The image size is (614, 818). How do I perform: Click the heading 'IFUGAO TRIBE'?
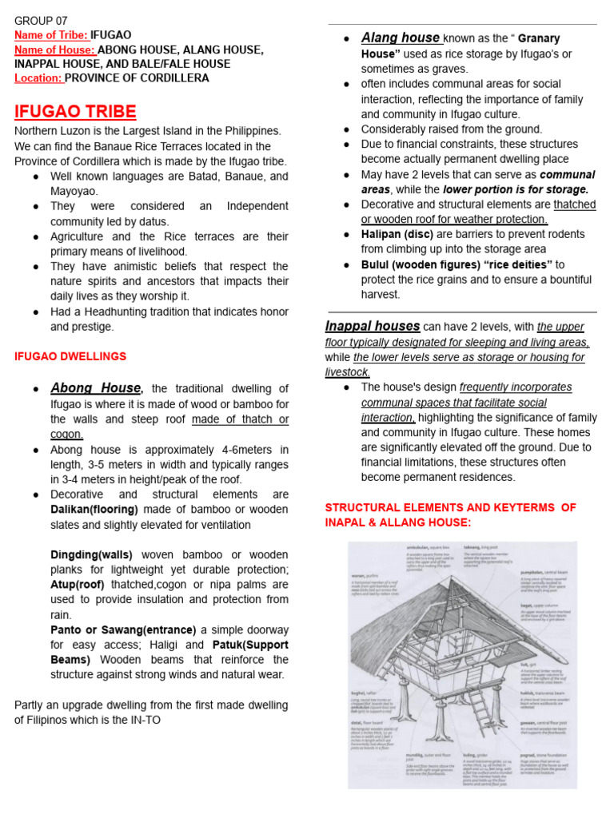click(75, 111)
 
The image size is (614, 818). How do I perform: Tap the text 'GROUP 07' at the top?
click(40, 20)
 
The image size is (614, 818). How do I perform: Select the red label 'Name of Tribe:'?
click(51, 35)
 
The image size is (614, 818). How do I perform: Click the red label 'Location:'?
click(38, 78)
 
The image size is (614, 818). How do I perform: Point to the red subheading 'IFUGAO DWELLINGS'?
click(70, 356)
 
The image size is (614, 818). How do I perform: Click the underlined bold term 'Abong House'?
click(96, 388)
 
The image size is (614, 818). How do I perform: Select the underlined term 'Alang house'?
click(400, 38)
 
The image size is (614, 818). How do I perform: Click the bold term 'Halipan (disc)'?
click(397, 234)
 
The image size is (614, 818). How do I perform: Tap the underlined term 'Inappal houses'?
click(373, 326)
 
